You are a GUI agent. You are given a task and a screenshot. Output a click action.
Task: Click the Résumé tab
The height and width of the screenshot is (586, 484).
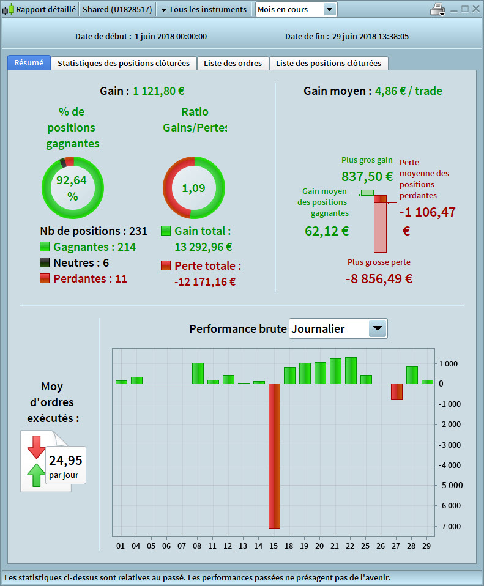point(29,63)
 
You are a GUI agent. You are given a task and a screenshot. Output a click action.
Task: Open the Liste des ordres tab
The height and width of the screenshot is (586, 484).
point(233,63)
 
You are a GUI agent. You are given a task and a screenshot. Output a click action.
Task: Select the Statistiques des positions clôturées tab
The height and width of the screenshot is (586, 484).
point(124,63)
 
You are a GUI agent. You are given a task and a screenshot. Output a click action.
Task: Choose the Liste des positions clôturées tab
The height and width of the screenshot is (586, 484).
point(329,63)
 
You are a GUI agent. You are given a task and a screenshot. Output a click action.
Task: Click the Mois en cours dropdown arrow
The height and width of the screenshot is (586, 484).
point(329,10)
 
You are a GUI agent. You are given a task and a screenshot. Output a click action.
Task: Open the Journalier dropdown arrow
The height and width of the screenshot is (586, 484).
point(378,329)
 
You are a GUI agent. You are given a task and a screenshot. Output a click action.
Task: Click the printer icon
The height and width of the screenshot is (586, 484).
point(438,10)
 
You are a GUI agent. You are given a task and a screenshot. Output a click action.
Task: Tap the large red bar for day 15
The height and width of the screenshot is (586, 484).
point(274,456)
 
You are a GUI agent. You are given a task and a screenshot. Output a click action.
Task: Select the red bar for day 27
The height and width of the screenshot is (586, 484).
point(397,391)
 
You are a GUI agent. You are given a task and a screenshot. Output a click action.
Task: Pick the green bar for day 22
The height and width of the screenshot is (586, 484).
point(351,371)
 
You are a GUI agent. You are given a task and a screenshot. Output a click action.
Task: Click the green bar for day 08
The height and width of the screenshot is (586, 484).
point(198,373)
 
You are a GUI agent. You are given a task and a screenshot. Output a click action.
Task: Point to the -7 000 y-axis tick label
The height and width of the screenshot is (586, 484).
point(449,526)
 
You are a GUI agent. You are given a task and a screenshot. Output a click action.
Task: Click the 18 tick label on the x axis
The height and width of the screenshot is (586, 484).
point(289,546)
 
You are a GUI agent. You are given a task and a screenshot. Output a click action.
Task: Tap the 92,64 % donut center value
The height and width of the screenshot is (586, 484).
point(72,188)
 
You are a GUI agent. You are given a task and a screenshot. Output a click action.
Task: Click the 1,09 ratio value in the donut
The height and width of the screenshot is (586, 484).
point(193,188)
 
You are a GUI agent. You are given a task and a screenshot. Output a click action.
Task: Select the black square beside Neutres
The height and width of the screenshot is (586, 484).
point(45,263)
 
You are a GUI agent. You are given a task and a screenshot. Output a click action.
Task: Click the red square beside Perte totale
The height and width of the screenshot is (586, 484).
point(166,266)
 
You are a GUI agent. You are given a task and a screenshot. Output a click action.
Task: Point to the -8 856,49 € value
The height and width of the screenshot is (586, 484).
point(379,278)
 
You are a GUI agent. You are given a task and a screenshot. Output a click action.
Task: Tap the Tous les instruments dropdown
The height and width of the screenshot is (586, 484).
point(203,10)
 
